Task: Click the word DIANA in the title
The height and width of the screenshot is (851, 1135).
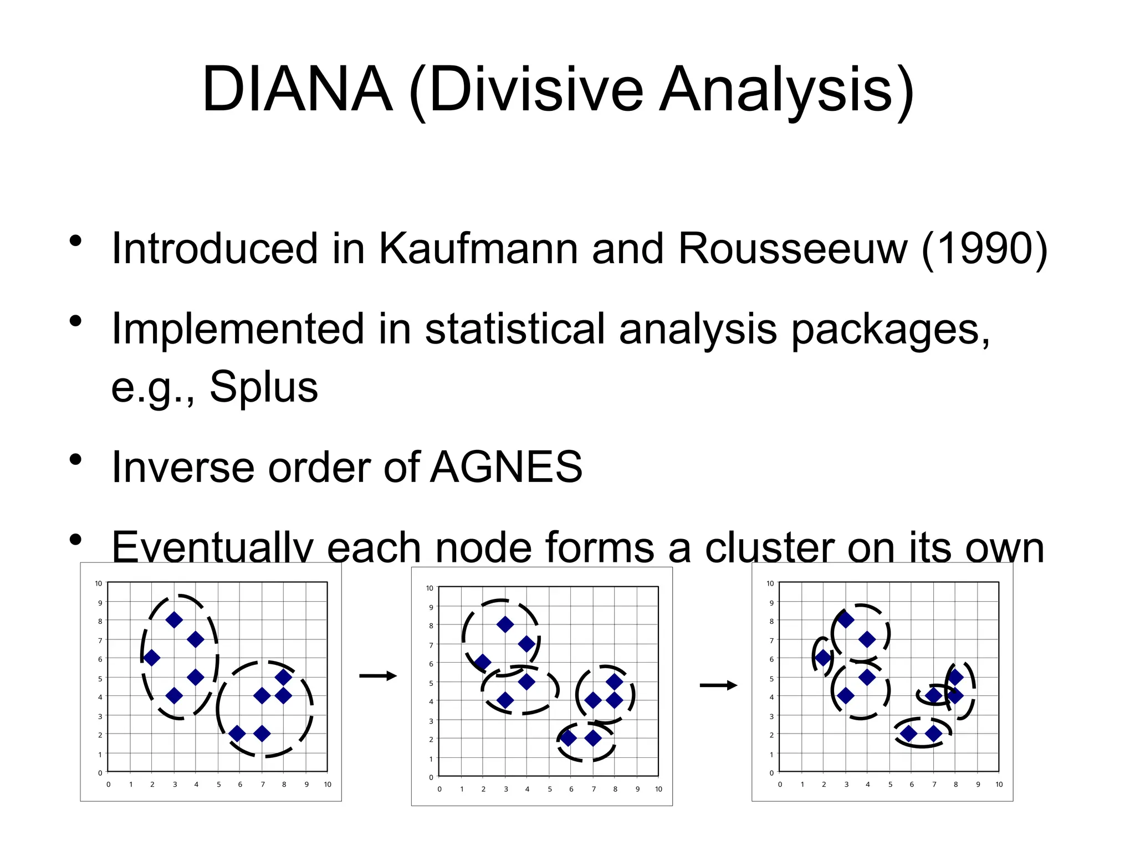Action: pyautogui.click(x=298, y=90)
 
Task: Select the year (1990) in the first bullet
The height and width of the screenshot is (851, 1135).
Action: pyautogui.click(x=984, y=249)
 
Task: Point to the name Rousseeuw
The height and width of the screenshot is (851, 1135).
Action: pyautogui.click(x=793, y=249)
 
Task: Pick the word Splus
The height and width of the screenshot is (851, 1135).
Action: pyautogui.click(x=264, y=387)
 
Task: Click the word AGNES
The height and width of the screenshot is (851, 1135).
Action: pyautogui.click(x=507, y=467)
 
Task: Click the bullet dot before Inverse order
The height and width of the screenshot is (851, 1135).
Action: pyautogui.click(x=76, y=460)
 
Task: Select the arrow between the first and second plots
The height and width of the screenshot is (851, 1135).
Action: pyautogui.click(x=378, y=675)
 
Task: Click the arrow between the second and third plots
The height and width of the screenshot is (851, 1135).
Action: pyautogui.click(x=718, y=685)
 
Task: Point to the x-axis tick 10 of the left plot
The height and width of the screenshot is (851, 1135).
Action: pyautogui.click(x=328, y=785)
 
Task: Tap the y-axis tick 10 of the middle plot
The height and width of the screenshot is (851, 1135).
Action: pyautogui.click(x=430, y=588)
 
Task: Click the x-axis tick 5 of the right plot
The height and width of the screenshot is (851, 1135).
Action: pyautogui.click(x=890, y=785)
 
